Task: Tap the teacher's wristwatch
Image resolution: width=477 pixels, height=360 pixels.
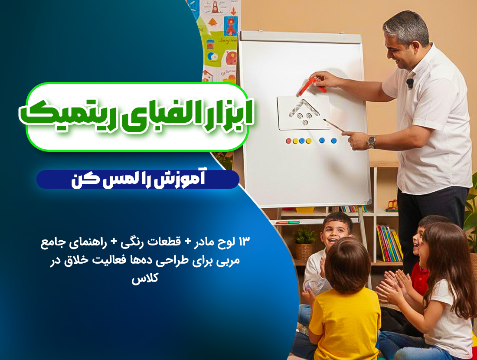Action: [372, 141]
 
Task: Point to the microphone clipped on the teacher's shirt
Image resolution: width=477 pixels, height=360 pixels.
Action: [410, 82]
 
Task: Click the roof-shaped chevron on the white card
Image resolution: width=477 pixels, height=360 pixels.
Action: [304, 106]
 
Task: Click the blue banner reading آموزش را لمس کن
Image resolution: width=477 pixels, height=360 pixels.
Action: [137, 180]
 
